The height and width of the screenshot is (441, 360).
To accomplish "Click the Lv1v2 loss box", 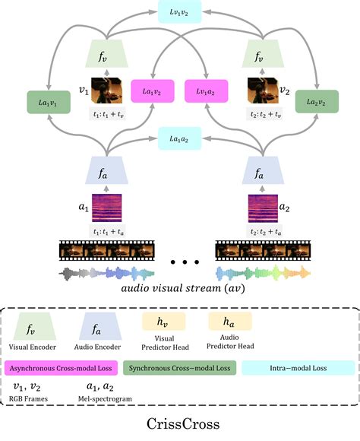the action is tap(179, 12).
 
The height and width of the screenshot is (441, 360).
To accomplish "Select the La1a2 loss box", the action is tap(179, 138).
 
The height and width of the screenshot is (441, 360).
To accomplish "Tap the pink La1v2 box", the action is tap(153, 91).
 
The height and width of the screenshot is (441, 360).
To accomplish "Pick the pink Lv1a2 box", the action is tap(206, 91).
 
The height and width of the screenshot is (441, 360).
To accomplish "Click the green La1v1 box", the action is tap(49, 103).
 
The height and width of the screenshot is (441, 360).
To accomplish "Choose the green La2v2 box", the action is tap(317, 102).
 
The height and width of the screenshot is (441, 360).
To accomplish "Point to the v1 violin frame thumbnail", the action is tap(106, 90).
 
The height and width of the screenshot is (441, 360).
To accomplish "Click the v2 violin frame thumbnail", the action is tap(263, 90).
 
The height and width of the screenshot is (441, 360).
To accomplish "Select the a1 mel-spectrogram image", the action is tap(107, 208).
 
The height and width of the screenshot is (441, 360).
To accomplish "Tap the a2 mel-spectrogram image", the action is tap(263, 208).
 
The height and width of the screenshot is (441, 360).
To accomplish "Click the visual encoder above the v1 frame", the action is tap(106, 53).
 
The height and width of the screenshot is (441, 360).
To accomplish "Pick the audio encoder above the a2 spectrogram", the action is tap(263, 170).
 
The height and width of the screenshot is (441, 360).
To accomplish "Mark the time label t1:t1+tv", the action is tap(108, 114).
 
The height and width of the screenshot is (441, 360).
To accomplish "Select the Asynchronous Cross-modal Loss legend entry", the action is tap(61, 368).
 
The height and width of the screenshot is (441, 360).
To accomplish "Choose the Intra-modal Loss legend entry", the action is tap(298, 368).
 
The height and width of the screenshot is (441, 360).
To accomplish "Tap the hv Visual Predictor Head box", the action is tap(164, 321).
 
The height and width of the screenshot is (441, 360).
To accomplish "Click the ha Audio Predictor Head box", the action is tap(230, 321).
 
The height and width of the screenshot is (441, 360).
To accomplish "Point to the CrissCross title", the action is tap(183, 424).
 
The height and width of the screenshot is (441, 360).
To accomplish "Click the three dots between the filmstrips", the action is tap(185, 262).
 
